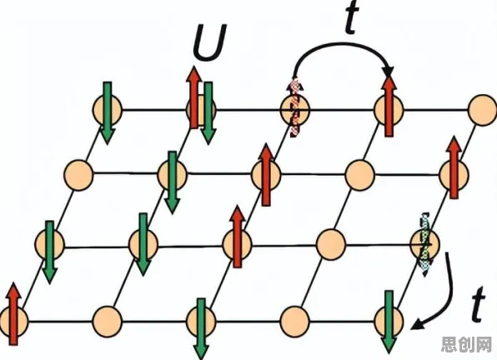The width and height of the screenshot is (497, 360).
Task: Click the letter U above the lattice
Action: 210,42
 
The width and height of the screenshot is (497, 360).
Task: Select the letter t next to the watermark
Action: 478,304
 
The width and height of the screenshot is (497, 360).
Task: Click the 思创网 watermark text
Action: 467,344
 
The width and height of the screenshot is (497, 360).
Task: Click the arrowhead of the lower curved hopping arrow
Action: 418,325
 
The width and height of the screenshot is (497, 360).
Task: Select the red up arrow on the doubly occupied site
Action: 193,97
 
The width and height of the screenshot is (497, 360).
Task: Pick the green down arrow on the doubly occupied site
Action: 208,113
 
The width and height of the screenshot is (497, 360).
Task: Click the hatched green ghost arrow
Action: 424,245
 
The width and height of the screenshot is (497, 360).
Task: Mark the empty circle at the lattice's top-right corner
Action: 483,110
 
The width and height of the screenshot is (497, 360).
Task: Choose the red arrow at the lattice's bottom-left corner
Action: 13,314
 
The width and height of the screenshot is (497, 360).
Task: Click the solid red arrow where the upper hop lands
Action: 389,107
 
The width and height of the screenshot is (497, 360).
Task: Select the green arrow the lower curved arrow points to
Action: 389,322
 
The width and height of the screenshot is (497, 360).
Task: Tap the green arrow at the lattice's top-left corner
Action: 108,113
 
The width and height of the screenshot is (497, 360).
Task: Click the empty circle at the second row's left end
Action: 78,175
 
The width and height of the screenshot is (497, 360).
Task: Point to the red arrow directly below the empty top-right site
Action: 454,167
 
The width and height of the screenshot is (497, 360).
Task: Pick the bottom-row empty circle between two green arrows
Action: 294,322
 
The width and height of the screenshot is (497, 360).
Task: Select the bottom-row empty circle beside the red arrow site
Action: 107,322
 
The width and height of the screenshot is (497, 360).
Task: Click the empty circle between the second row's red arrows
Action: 360,175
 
